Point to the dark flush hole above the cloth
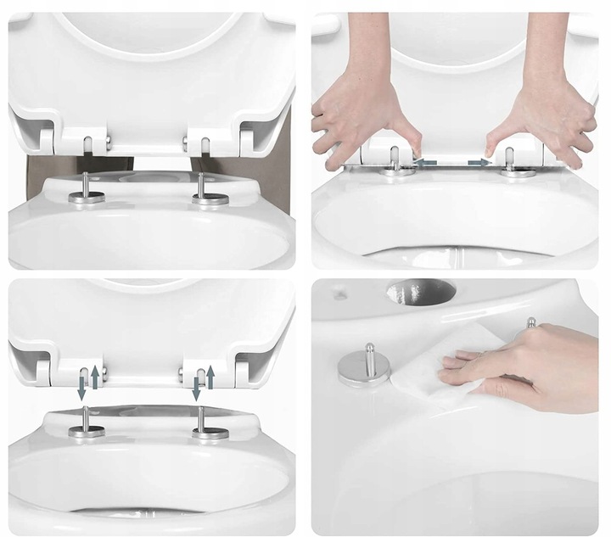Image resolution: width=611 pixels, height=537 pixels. (421, 293)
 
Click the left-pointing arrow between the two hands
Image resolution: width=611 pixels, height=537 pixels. (426, 162)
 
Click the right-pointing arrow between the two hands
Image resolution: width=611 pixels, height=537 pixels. (479, 162)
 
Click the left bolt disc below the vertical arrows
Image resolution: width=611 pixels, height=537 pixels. (87, 432)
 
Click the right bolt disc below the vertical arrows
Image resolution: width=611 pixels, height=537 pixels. (210, 434)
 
